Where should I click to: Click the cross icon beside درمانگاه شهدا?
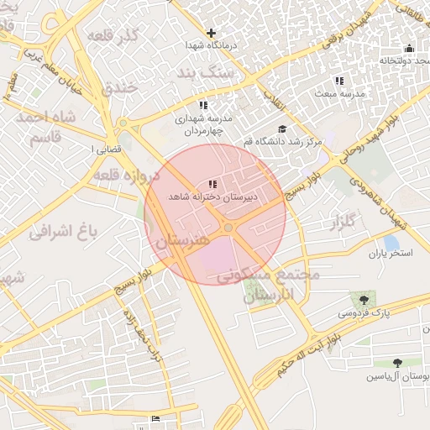coord(212,34)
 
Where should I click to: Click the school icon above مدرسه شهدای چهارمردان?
coord(202,105)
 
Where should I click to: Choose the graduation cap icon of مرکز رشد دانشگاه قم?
coord(282,128)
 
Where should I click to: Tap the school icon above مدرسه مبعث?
coord(338,81)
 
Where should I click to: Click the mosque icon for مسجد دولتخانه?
coord(409,48)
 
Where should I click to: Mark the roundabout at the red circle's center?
coord(228,228)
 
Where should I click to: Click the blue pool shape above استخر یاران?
coord(390,243)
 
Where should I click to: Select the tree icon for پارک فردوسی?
coord(363,299)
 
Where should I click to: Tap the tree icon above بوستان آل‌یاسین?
coord(397,363)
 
